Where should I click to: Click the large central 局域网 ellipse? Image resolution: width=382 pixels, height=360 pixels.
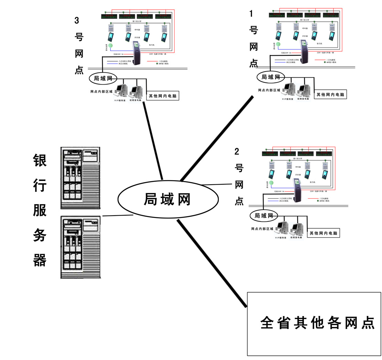tap(168, 199)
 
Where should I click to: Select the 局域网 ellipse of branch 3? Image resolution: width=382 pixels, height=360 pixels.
tap(103, 78)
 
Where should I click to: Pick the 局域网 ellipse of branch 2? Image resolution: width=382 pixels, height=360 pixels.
tap(264, 216)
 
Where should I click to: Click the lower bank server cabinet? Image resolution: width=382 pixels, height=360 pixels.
tap(80, 247)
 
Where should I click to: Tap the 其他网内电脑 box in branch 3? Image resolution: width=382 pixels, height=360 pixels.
tap(163, 96)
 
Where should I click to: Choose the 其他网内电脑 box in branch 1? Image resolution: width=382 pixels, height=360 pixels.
tap(330, 94)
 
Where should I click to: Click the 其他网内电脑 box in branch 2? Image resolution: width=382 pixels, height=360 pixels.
tap(323, 233)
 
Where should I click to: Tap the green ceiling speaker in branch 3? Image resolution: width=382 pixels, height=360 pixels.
tap(110, 45)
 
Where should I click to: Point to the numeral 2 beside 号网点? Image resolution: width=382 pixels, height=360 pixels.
tap(237, 151)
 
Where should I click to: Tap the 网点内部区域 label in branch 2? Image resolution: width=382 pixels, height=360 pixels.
tap(262, 229)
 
